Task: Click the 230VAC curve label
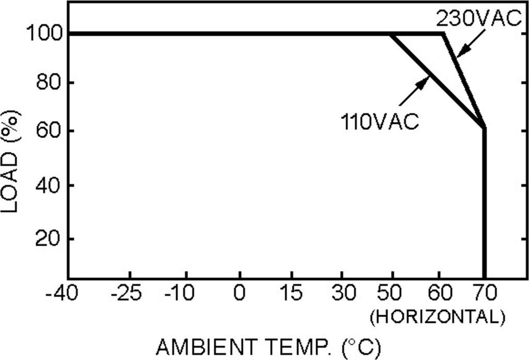[x=476, y=19]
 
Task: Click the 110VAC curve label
[x=379, y=123]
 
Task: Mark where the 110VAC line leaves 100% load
[x=391, y=35]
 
